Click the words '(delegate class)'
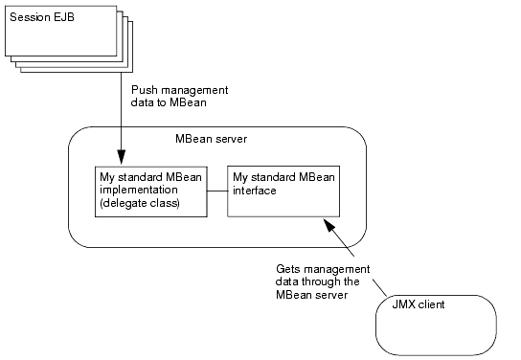pyautogui.click(x=139, y=202)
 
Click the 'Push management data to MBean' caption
pyautogui.click(x=178, y=94)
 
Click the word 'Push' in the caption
pyautogui.click(x=144, y=88)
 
